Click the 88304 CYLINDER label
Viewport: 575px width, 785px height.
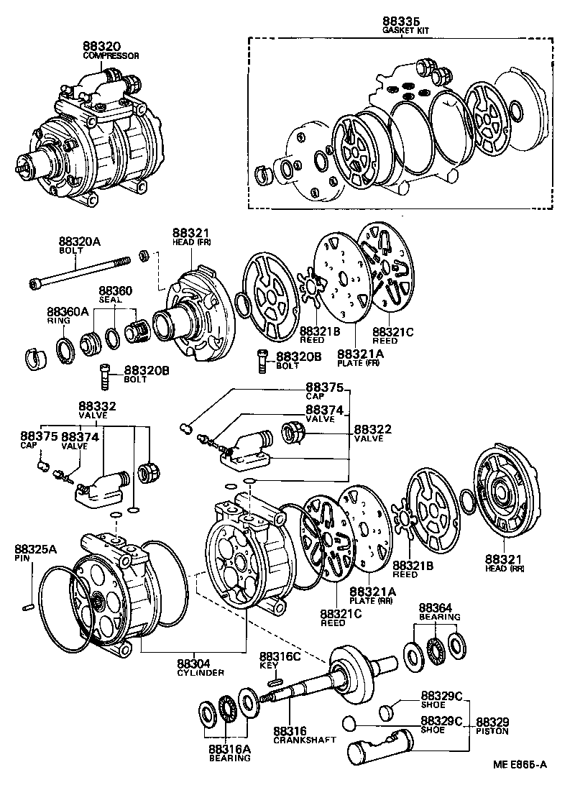[x=201, y=668]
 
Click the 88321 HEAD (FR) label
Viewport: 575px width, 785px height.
[x=190, y=237]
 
